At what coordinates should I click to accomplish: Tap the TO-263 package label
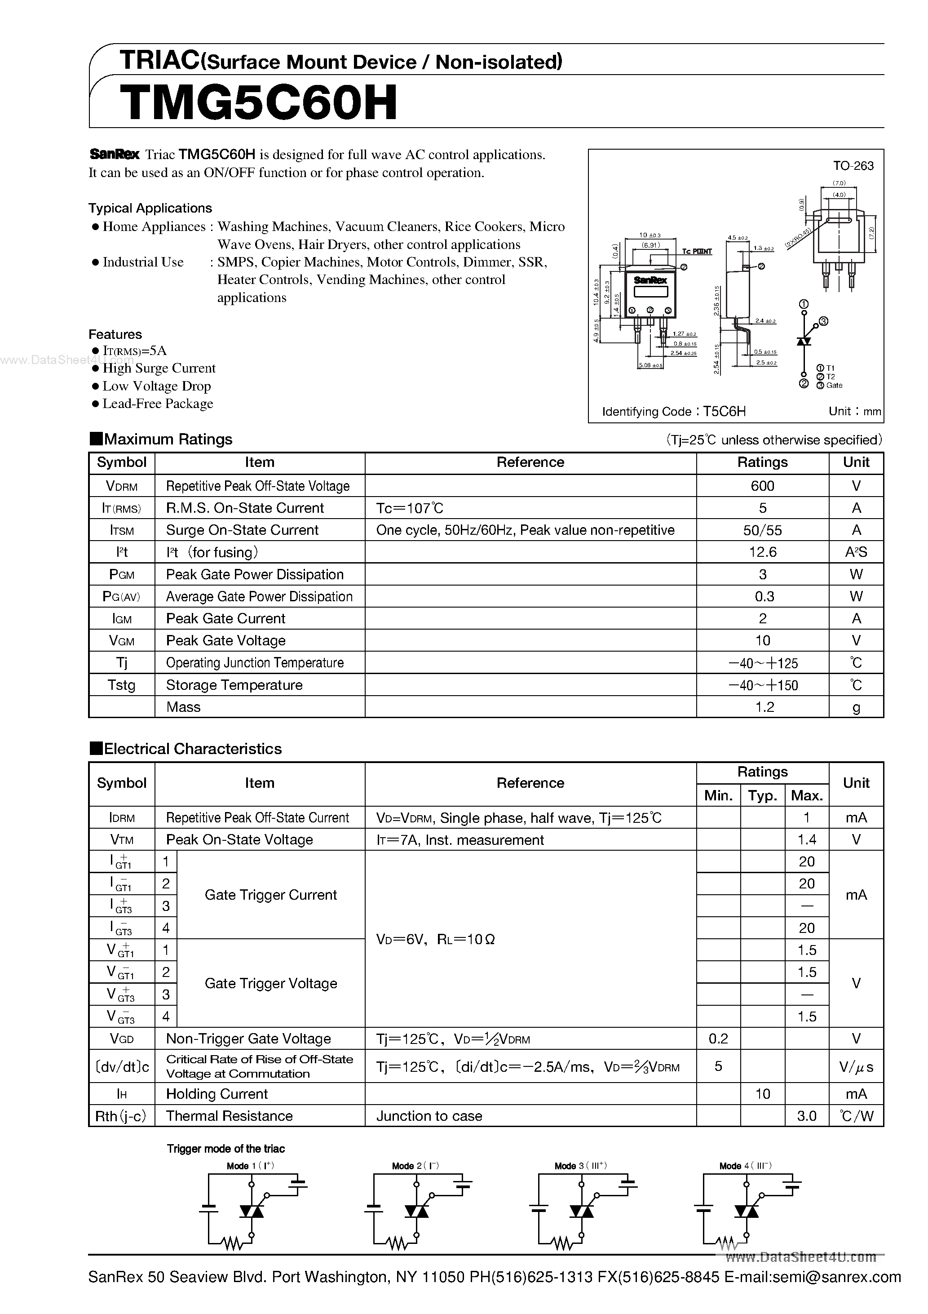853,166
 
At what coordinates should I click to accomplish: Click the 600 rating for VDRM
762,486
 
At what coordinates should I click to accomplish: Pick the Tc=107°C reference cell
410,508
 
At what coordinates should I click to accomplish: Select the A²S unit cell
856,552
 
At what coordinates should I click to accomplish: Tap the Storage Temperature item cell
234,685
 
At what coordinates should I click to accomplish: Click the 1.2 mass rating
764,707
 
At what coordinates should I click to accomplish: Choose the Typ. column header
762,795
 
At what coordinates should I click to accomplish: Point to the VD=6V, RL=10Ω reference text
435,940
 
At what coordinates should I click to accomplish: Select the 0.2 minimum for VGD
718,1039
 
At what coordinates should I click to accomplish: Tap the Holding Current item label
217,1094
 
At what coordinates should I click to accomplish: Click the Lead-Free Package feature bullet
157,404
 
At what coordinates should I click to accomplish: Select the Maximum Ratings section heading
168,439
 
